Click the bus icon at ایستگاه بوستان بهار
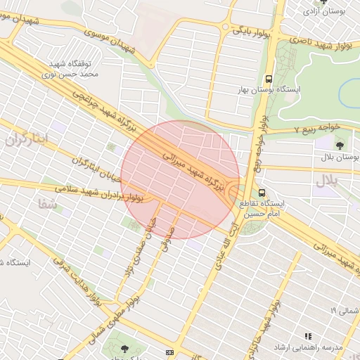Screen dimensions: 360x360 coord(268,79)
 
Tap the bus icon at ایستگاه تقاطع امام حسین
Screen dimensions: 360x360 coord(262,192)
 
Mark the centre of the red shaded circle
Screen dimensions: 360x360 coord(180,179)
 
